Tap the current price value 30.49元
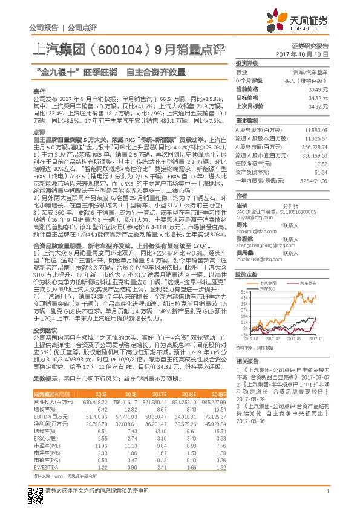(x=318, y=89)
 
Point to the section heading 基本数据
(x=247, y=120)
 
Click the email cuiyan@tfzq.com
(x=254, y=216)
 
